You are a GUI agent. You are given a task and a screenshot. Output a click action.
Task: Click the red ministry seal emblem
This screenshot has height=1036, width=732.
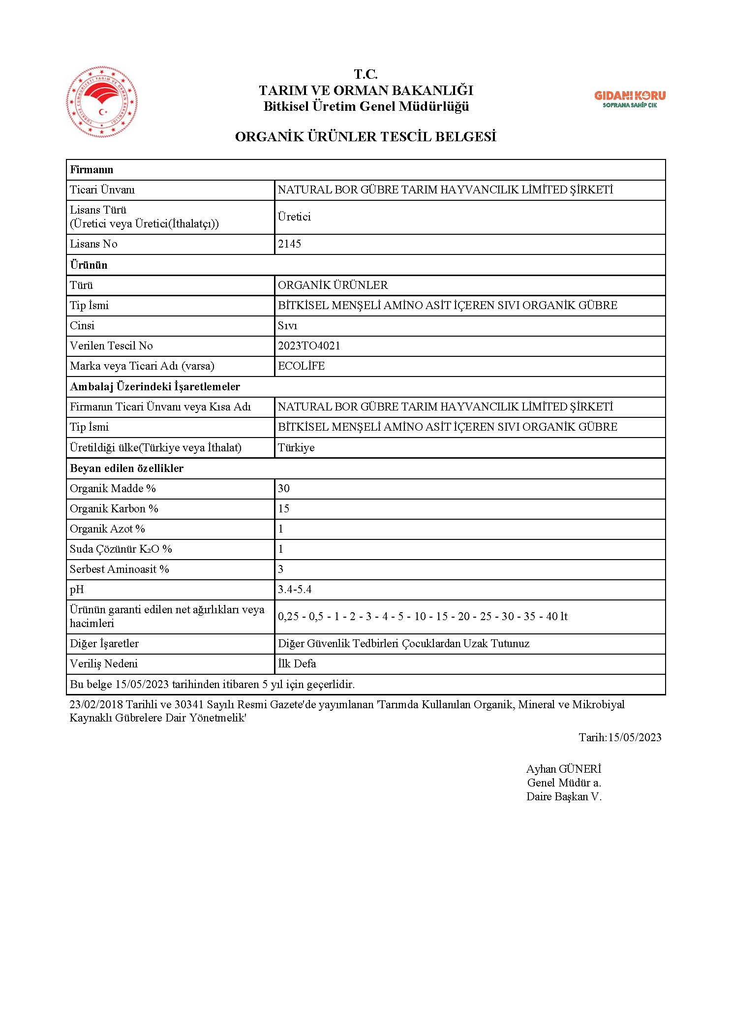pos(102,102)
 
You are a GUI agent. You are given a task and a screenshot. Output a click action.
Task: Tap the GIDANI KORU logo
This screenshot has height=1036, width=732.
pos(630,98)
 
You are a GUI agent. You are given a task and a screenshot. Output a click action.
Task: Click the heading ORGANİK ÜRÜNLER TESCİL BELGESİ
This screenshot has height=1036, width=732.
pos(366,137)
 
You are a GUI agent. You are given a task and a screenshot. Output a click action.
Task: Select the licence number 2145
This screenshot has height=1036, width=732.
pos(289,244)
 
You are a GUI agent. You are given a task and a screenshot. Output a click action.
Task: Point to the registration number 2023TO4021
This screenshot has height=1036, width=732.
pos(309,345)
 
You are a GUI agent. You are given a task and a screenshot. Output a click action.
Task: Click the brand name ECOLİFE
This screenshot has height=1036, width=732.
pos(301,366)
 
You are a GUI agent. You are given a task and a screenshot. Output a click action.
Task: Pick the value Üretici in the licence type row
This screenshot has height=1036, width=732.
pos(294,217)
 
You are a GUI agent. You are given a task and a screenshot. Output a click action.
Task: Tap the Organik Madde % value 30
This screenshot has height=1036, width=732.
pos(284,488)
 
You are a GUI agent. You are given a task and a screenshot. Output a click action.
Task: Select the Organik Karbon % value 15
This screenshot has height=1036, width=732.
pos(284,508)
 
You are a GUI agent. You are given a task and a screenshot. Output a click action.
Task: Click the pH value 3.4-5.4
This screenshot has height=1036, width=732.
pos(295,589)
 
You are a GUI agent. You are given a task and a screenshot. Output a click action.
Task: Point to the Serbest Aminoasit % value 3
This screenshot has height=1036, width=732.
pos(281,569)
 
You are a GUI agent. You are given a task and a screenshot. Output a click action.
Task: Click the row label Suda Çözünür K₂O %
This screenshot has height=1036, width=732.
pos(121,549)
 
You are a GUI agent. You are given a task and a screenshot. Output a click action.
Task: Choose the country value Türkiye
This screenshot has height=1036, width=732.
pos(296,447)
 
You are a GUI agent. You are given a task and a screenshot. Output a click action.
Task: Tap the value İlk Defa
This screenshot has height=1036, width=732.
pos(297,663)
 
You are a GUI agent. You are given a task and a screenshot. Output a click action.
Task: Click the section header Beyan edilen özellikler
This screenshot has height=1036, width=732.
pos(126,468)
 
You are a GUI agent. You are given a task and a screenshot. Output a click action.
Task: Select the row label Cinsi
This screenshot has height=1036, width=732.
pos(82,325)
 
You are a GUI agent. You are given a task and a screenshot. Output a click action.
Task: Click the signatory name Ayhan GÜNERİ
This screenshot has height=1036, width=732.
pos(564,769)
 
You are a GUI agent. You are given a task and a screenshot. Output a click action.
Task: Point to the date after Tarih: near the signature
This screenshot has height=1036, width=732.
pos(635,737)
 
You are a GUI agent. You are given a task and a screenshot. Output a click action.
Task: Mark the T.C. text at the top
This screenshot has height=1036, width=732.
pos(366,74)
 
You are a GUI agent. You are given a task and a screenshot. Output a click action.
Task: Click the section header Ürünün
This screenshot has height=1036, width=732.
pos(89,265)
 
